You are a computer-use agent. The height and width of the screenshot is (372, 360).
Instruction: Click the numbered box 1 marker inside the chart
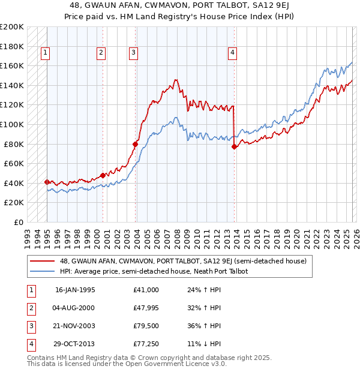(x=45, y=53)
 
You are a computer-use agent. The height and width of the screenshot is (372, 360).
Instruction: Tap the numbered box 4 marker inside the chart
(x=232, y=53)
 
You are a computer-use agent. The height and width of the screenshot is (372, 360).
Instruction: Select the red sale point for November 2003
(x=136, y=144)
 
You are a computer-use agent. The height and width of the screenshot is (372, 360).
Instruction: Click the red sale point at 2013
(x=234, y=146)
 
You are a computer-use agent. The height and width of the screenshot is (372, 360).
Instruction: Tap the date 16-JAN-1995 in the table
(x=75, y=290)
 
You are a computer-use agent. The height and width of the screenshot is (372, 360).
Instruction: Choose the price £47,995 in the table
(x=146, y=308)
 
